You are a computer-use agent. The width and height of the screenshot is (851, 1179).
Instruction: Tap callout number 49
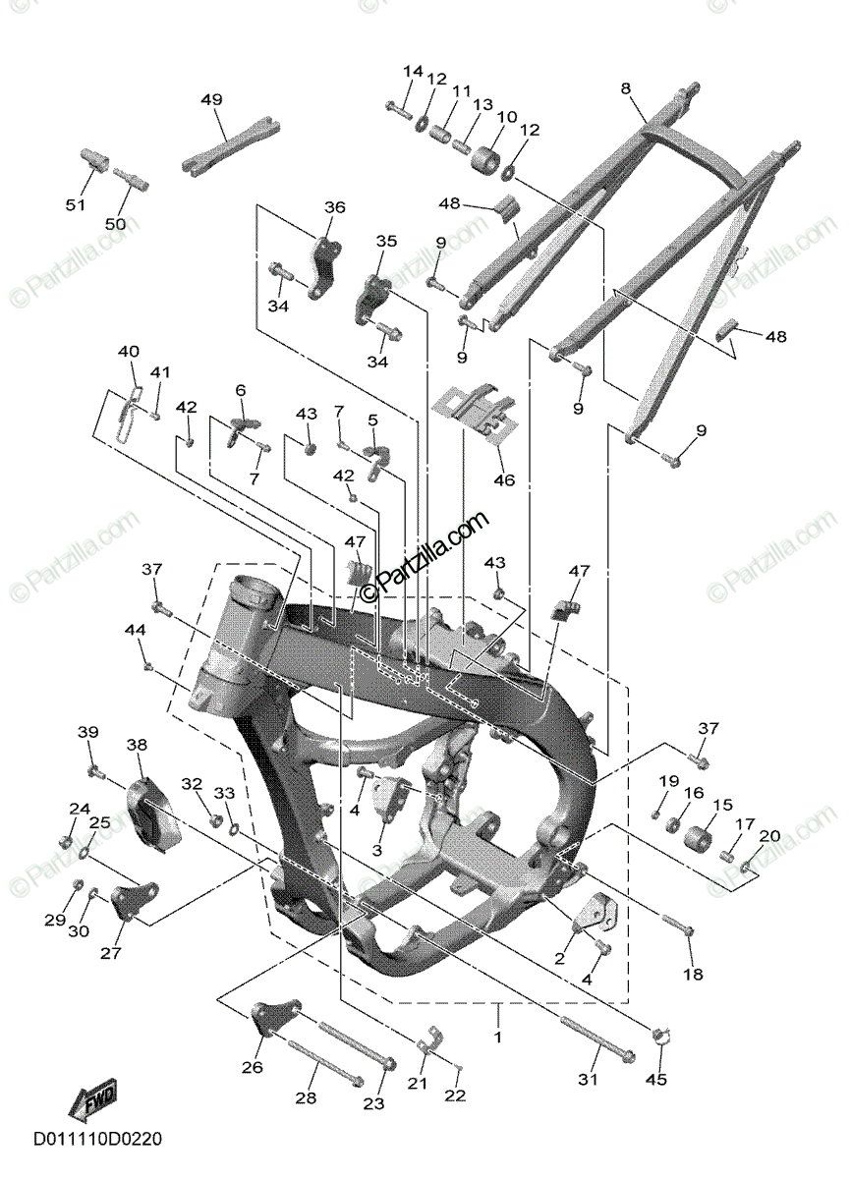click(x=211, y=100)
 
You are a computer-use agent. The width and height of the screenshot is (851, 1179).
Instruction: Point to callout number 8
click(x=625, y=89)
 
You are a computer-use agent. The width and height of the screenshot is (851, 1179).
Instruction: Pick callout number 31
click(x=588, y=1080)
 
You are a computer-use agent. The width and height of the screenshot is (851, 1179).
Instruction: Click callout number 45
click(x=655, y=1080)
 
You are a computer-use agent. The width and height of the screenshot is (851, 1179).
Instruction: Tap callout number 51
click(x=76, y=205)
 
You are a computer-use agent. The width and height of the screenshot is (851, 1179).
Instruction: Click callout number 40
click(x=129, y=352)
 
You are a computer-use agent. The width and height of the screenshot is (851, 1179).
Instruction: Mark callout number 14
click(x=413, y=72)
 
